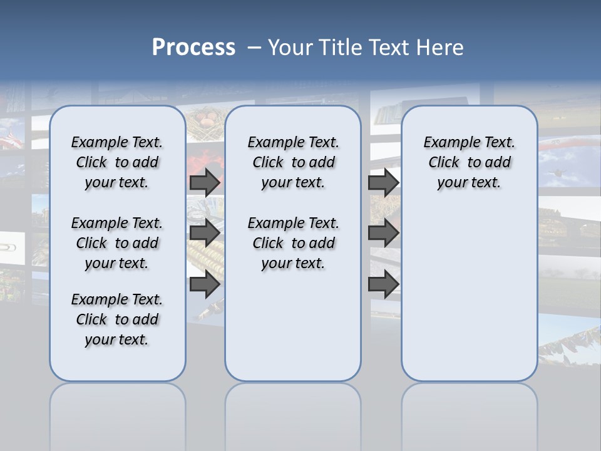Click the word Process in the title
pos(193,47)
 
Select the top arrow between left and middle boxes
pos(205,182)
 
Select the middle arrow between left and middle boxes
pos(205,233)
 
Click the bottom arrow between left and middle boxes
pos(205,284)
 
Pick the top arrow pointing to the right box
pos(383,182)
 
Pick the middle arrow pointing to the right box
pos(383,233)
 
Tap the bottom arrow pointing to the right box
pos(383,284)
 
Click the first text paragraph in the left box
pos(117,162)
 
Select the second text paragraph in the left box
pos(117,243)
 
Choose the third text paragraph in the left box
pos(117,319)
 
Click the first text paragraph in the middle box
pos(293,162)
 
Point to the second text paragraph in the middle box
pos(293,243)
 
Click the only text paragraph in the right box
pos(470,162)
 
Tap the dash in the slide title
pos(254,48)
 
